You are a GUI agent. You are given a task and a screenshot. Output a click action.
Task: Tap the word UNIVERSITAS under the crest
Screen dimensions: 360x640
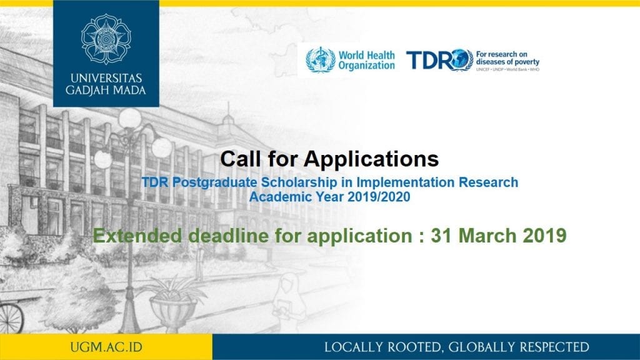[106, 79]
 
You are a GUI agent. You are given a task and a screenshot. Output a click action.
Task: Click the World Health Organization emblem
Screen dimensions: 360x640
[320, 59]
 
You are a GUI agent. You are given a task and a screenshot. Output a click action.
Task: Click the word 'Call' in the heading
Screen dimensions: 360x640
[241, 158]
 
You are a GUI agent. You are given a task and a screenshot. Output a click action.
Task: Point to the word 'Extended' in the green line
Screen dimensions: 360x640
[132, 236]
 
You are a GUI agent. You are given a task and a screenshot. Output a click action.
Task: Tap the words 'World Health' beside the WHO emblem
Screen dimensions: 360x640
[366, 55]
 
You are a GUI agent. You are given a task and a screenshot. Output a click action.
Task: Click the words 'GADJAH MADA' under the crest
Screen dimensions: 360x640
[106, 91]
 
